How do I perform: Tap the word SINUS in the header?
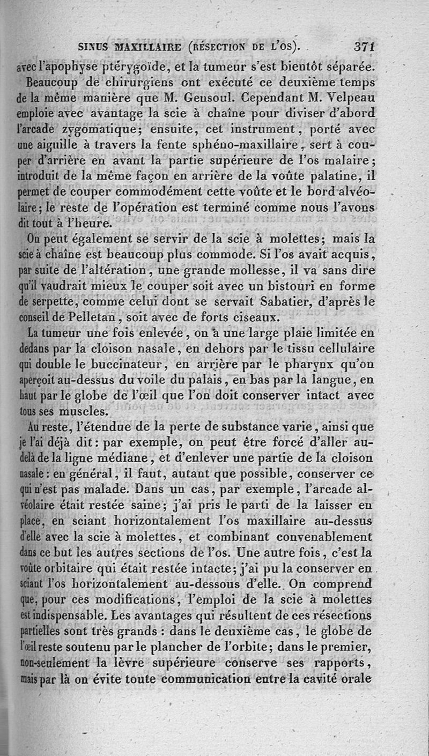94,47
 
